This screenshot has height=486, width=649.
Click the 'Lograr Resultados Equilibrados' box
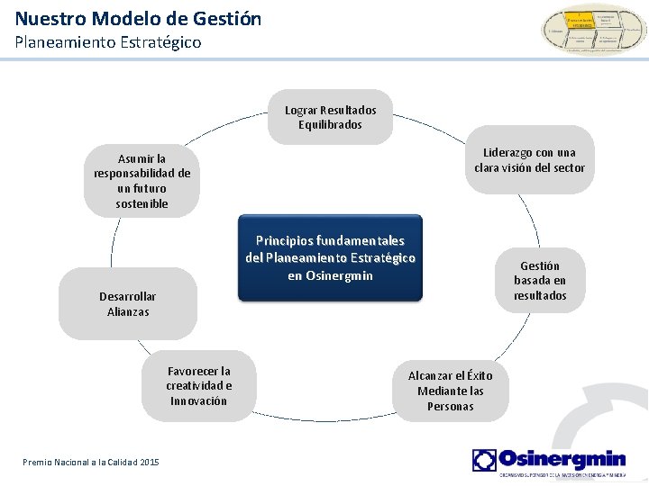coord(330,117)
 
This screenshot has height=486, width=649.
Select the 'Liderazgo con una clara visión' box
coord(529,160)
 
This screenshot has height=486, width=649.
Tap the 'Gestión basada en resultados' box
coord(540,281)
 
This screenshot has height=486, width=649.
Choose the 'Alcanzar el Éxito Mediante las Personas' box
coord(451,391)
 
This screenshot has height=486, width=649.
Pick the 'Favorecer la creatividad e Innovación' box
coord(198,386)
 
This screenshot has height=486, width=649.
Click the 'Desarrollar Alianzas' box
coord(127,304)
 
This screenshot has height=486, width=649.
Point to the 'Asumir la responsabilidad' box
coord(142,181)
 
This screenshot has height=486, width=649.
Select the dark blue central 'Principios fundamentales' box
coord(330,257)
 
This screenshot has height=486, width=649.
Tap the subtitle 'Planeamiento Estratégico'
coord(108,42)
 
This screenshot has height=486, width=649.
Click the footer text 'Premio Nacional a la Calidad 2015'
coord(90,462)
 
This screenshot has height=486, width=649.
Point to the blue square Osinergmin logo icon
coord(484,460)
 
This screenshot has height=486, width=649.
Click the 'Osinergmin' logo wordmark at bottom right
coord(562,458)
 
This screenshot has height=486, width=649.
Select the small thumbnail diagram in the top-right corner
coord(592,30)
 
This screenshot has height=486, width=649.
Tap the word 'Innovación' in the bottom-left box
coord(198,401)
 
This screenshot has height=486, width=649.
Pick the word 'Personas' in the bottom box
coord(451,406)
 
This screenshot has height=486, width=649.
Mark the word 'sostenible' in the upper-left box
coord(142,203)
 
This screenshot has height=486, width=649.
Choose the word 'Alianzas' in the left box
coord(127,311)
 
